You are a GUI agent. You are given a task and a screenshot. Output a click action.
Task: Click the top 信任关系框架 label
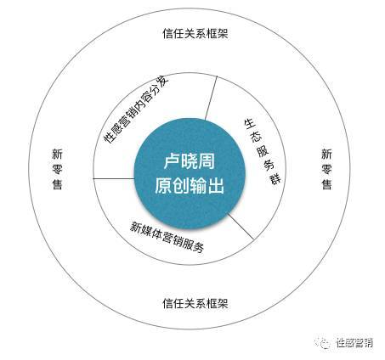pos(195,33)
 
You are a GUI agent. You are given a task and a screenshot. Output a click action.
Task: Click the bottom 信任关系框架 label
pos(195,304)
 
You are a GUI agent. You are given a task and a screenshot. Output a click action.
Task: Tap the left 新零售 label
pos(58,169)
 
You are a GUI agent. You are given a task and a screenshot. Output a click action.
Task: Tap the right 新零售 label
pos(326,169)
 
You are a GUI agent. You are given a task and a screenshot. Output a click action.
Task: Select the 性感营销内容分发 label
pos(136,109)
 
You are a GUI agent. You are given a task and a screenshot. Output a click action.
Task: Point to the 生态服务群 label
pos(262,151)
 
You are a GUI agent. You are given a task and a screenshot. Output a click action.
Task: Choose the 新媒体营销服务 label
pos(167,237)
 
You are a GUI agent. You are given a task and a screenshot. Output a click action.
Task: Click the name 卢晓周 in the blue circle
pos(190,161)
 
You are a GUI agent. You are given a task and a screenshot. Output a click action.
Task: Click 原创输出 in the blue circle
pos(190,186)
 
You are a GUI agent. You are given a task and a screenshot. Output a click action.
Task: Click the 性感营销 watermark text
pos(354,343)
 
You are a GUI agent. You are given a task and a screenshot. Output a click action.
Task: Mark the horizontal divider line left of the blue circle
pos(114,178)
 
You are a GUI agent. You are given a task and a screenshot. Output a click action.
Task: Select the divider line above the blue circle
pos(211,98)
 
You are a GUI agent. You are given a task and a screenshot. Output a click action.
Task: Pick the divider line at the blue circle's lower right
pos(241,227)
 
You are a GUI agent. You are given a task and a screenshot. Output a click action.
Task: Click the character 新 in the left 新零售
pos(58,155)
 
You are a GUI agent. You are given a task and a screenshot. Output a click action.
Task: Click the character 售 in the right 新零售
pos(326,184)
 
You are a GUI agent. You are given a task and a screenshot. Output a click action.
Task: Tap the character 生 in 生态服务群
pos(250,123)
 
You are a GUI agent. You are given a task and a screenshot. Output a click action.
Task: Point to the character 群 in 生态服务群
pos(275,179)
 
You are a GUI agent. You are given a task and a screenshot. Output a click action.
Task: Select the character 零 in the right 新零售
pos(326,169)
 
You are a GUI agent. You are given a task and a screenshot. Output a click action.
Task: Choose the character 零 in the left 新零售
pos(58,169)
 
